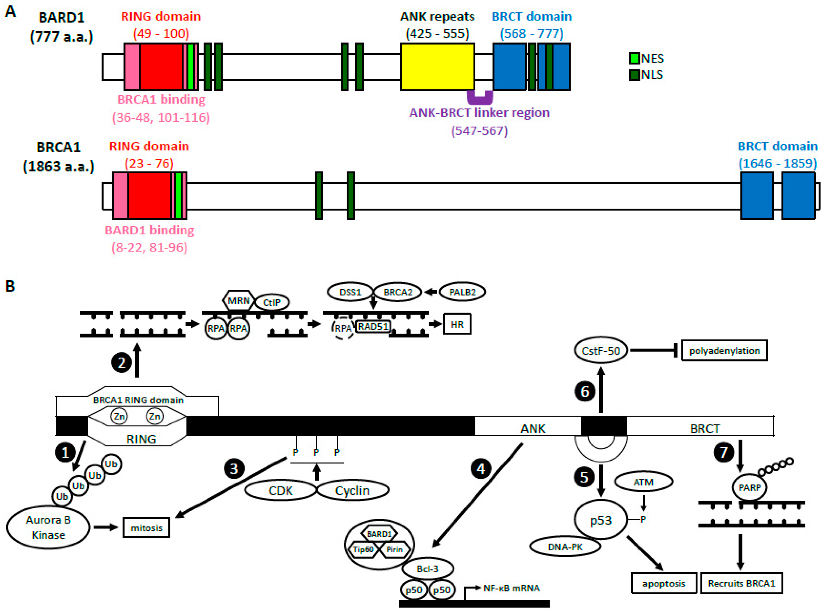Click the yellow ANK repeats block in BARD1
(437, 67)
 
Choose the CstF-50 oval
(600, 351)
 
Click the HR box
(457, 325)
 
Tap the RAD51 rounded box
(373, 326)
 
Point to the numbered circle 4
(481, 469)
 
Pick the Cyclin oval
(352, 491)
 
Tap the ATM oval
(643, 482)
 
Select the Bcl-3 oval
(427, 569)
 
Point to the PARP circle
(749, 488)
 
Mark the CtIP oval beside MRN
(271, 303)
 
